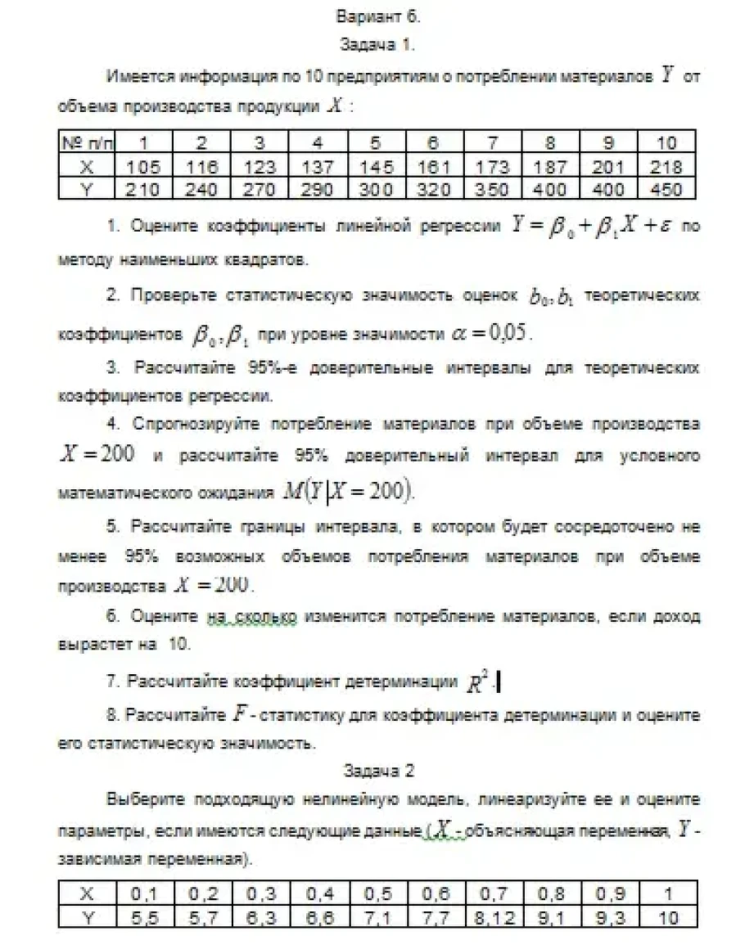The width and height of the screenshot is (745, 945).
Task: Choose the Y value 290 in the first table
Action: pyautogui.click(x=317, y=190)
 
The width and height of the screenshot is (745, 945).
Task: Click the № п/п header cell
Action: pyautogui.click(x=86, y=144)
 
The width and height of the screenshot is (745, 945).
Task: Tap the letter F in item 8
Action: pyautogui.click(x=239, y=713)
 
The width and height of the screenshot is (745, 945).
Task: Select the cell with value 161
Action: pyautogui.click(x=433, y=167)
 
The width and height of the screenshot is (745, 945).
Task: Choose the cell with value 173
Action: pyautogui.click(x=491, y=167)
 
